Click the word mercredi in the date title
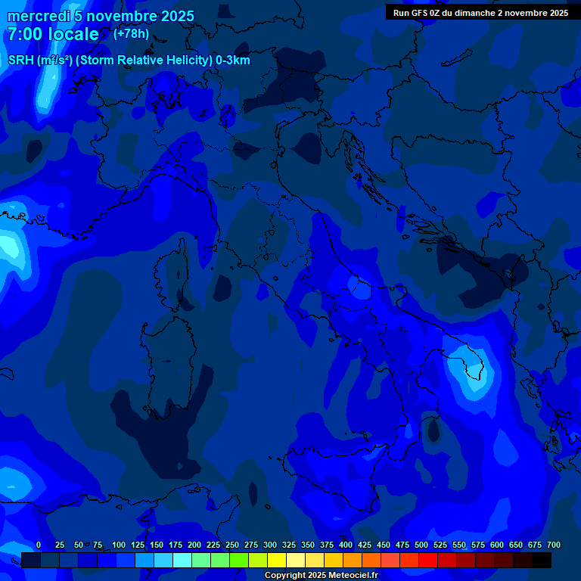coord(38,17)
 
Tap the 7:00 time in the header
coord(26,35)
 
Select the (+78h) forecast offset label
coord(131,34)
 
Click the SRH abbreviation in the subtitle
coord(20,61)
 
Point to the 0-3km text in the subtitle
coord(232,61)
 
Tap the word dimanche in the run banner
coord(477,13)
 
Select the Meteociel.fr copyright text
coord(347,576)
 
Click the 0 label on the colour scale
coord(39,545)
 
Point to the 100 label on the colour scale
coord(119,545)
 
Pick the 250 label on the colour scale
coord(232,545)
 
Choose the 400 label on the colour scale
coord(346,545)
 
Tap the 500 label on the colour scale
coord(421,545)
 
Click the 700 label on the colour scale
coord(554,545)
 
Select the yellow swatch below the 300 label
coord(277,561)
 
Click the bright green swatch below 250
coord(239,561)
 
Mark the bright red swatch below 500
coord(428,561)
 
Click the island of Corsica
coord(176,272)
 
